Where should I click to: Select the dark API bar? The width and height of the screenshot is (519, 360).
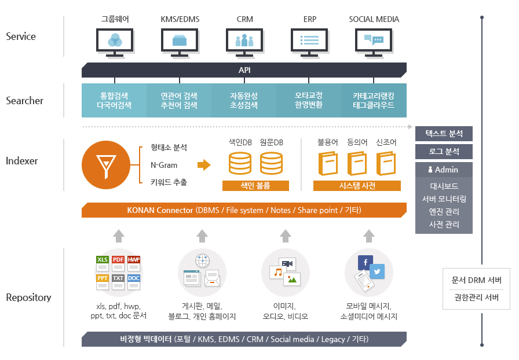tap(244, 70)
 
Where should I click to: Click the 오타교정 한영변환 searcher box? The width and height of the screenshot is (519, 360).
tap(309, 100)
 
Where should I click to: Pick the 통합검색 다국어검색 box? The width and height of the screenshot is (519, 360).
tap(114, 100)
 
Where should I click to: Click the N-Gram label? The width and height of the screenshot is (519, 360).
tap(164, 165)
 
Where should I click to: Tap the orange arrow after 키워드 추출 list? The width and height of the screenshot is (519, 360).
tap(204, 165)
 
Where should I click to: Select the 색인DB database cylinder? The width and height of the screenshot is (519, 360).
tap(240, 163)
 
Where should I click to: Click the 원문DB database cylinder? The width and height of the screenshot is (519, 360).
tap(271, 163)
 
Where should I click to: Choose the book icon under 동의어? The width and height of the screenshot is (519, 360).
tap(357, 163)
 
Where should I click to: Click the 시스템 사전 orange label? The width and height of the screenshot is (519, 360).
tap(357, 186)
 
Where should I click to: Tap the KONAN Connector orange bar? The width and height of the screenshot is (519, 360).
tap(244, 210)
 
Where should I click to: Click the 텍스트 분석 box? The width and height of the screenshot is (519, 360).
tap(444, 133)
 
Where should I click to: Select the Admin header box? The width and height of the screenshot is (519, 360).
tap(444, 170)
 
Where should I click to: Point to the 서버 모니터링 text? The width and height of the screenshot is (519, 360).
tap(444, 199)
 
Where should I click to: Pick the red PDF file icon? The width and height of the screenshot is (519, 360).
tap(118, 260)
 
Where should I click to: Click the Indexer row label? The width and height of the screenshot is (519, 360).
tap(22, 161)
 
